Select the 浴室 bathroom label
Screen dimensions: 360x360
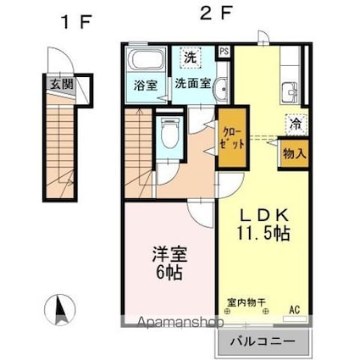click(144, 86)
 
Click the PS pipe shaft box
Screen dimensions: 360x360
click(224, 51)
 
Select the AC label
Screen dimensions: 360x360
click(295, 309)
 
